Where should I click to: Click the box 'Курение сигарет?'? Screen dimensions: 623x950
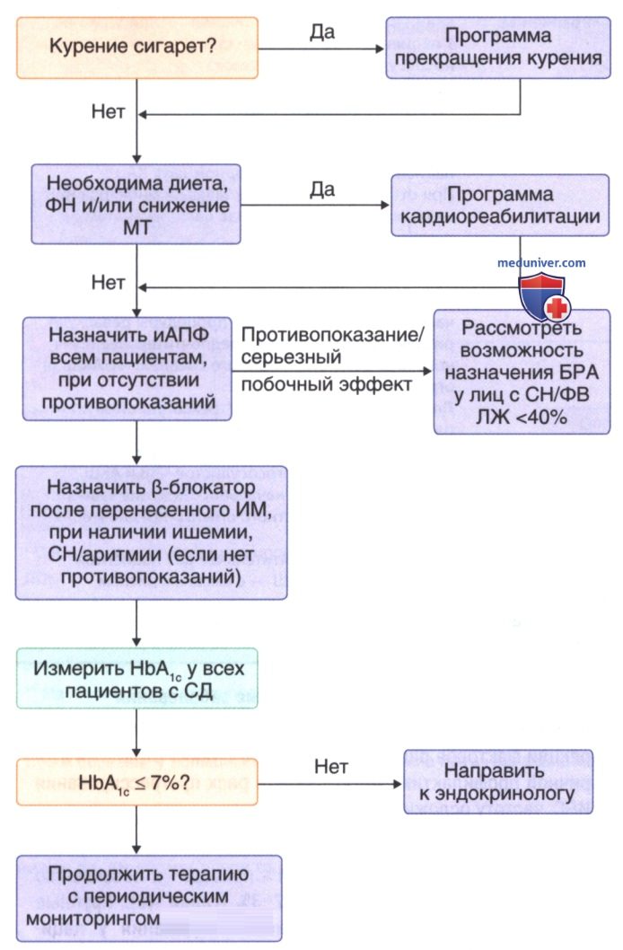(x=136, y=48)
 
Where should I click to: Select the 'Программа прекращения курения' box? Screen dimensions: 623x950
(x=498, y=48)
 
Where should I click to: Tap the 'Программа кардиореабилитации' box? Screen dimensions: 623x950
(x=500, y=206)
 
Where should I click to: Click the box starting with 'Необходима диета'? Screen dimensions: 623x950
(x=136, y=205)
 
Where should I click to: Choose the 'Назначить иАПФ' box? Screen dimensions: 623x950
(x=127, y=368)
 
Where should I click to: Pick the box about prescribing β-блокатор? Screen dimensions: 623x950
(x=151, y=532)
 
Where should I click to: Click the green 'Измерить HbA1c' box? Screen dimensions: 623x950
(x=136, y=679)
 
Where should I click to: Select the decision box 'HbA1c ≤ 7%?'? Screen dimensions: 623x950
(x=136, y=782)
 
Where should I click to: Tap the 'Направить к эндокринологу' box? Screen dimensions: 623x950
(x=498, y=782)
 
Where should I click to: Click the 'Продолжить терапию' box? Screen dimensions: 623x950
(x=149, y=898)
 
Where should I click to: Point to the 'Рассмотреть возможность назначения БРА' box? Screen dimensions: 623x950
(x=522, y=372)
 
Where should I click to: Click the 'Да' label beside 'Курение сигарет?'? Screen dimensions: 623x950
(x=322, y=32)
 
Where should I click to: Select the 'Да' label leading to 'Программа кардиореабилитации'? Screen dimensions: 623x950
(x=322, y=189)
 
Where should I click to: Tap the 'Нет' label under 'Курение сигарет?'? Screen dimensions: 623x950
(x=109, y=111)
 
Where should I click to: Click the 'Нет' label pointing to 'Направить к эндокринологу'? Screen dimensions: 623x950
(x=331, y=767)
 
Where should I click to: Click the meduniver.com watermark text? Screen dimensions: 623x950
(x=541, y=263)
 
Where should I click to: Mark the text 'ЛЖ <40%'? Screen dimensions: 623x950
(x=522, y=417)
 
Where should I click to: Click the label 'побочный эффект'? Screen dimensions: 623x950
(x=327, y=384)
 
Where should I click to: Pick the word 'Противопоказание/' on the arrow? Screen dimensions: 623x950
(x=333, y=334)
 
